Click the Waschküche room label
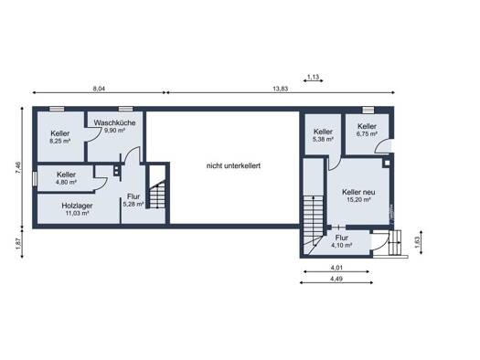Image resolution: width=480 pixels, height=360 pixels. (x=114, y=123)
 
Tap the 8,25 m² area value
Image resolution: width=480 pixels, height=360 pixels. (x=60, y=141)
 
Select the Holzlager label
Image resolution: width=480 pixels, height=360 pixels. (x=77, y=206)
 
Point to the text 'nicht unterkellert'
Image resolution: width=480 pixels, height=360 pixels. (x=233, y=165)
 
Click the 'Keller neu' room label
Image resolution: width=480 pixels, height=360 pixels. (x=358, y=192)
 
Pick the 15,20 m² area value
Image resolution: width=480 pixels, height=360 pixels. (x=358, y=200)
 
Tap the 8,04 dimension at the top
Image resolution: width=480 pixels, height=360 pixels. (x=99, y=89)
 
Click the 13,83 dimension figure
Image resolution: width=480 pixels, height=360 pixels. (x=280, y=89)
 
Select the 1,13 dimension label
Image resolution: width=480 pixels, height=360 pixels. (x=314, y=77)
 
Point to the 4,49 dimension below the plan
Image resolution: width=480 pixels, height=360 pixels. (x=336, y=279)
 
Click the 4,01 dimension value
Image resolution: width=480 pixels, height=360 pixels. (x=336, y=268)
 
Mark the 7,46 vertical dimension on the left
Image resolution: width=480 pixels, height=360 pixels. (x=18, y=168)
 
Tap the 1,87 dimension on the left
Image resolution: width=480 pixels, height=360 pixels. (x=18, y=244)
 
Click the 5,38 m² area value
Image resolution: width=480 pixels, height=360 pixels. (x=323, y=139)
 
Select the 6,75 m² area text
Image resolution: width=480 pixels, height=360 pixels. (x=367, y=133)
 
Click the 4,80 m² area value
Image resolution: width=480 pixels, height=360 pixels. (x=66, y=182)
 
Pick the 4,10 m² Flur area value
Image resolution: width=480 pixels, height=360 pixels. (x=342, y=245)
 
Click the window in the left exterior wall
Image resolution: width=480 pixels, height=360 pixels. (x=35, y=178)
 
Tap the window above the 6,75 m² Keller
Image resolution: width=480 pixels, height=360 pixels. (x=368, y=110)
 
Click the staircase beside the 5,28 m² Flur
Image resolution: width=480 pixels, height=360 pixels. (x=157, y=195)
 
